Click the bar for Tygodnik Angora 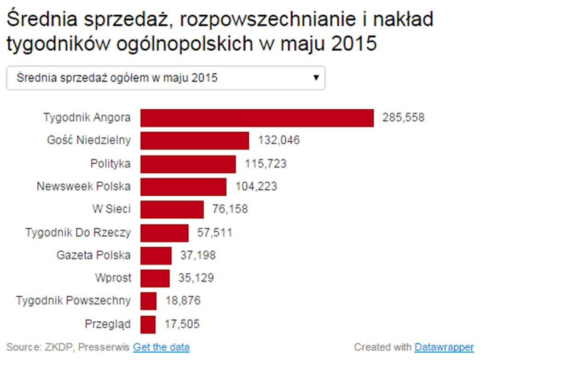pyautogui.click(x=257, y=118)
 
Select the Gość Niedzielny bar pyautogui.click(x=195, y=141)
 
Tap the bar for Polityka pyautogui.click(x=188, y=164)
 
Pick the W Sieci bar pyautogui.click(x=172, y=209)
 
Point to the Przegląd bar pyautogui.click(x=148, y=324)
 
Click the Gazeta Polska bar pyautogui.click(x=156, y=255)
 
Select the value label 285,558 pyautogui.click(x=403, y=118)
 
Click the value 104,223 pyautogui.click(x=256, y=187)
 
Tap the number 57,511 pyautogui.click(x=214, y=233)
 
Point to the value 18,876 pyautogui.click(x=183, y=301)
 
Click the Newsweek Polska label pyautogui.click(x=84, y=187)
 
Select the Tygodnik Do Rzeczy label pyautogui.click(x=78, y=233)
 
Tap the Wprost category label pyautogui.click(x=113, y=278)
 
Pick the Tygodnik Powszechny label pyautogui.click(x=73, y=301)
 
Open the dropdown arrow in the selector pyautogui.click(x=316, y=78)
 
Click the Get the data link pyautogui.click(x=161, y=347)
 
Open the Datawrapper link pyautogui.click(x=444, y=347)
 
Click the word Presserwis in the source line pyautogui.click(x=104, y=347)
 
